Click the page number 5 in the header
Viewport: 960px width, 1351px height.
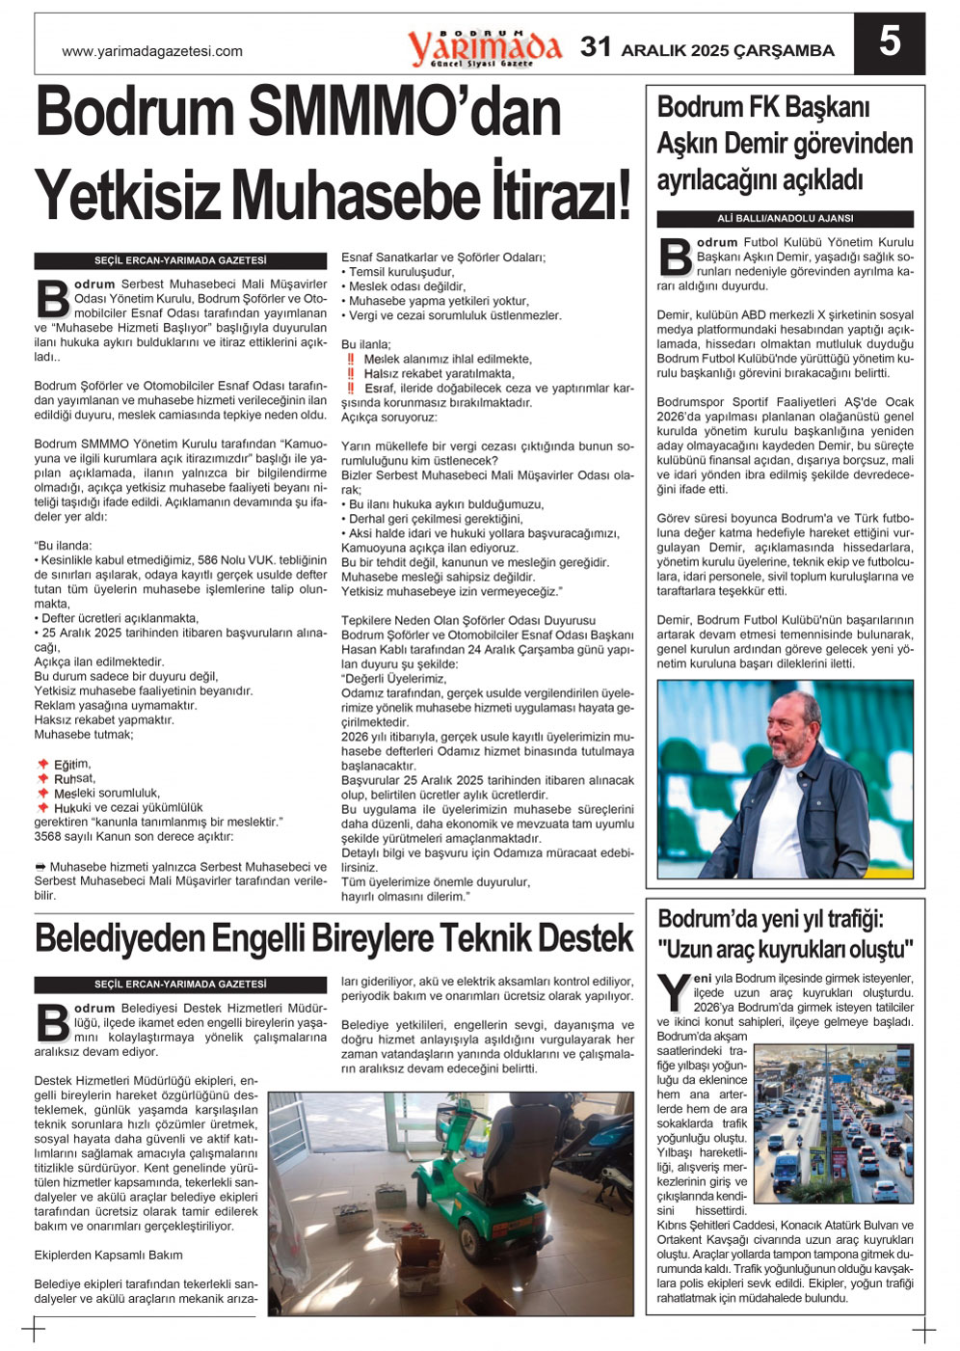pos(889,42)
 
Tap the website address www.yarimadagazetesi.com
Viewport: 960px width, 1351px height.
pos(152,51)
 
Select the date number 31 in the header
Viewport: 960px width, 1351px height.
pos(596,47)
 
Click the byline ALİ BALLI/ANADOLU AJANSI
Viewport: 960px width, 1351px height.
pos(785,219)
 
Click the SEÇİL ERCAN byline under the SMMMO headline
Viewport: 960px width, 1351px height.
pos(180,260)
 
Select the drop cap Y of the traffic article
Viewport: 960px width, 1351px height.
pos(673,992)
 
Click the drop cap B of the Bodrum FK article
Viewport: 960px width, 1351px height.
pos(676,256)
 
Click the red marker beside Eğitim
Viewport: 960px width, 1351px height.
pos(43,765)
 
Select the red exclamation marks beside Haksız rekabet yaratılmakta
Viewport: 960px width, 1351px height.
pos(351,374)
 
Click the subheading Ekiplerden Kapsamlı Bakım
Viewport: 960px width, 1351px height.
pos(108,1256)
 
